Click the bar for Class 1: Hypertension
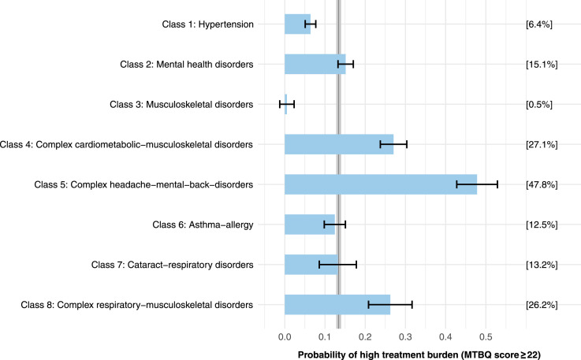click(297, 24)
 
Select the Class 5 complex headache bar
click(381, 184)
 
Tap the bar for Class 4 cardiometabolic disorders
click(339, 144)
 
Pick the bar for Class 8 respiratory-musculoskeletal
click(337, 305)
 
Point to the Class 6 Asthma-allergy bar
click(310, 225)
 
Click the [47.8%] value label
click(542, 184)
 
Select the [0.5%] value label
click(538, 105)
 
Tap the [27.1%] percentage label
click(542, 144)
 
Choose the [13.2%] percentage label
click(542, 265)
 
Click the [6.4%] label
click(538, 24)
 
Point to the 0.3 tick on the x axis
click(405, 337)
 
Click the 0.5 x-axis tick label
click(486, 337)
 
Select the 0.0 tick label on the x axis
click(285, 337)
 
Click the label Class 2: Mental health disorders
click(187, 65)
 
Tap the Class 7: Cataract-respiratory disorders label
click(173, 265)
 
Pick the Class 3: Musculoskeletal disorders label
click(181, 105)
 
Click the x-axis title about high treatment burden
click(419, 354)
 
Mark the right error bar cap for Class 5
click(497, 184)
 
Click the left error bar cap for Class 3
click(280, 105)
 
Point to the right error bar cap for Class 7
click(356, 265)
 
